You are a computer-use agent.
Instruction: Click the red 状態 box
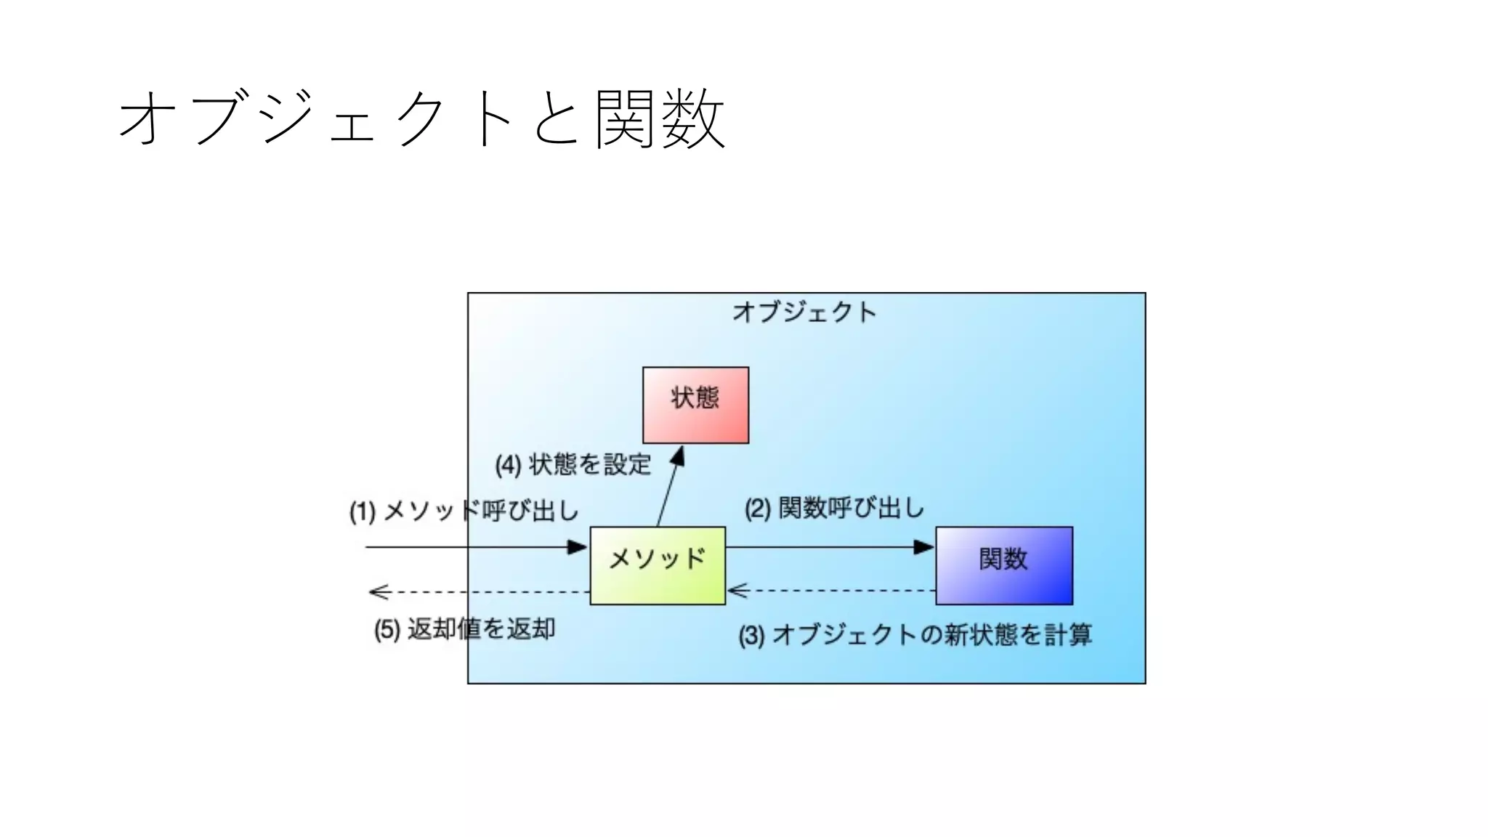(x=695, y=405)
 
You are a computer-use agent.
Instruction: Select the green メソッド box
(x=658, y=565)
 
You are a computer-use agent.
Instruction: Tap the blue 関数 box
(x=1003, y=565)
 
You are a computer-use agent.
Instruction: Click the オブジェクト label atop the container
(x=805, y=312)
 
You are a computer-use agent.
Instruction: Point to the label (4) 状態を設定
(x=573, y=465)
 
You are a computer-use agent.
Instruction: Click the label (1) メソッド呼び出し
(x=464, y=511)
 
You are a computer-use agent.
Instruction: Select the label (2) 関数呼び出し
(x=834, y=508)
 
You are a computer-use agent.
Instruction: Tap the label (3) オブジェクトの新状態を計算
(x=915, y=635)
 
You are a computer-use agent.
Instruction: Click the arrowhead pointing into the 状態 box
(x=678, y=456)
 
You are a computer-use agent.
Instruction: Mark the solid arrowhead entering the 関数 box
(x=924, y=547)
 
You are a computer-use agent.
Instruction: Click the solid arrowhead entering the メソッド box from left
(x=578, y=547)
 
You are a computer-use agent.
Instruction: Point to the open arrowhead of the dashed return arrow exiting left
(x=378, y=592)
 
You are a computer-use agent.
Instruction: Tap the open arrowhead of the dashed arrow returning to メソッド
(x=737, y=591)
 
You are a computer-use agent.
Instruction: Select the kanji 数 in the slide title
(x=694, y=119)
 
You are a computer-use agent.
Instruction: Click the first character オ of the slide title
(x=149, y=119)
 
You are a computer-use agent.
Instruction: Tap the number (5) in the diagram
(x=387, y=630)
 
